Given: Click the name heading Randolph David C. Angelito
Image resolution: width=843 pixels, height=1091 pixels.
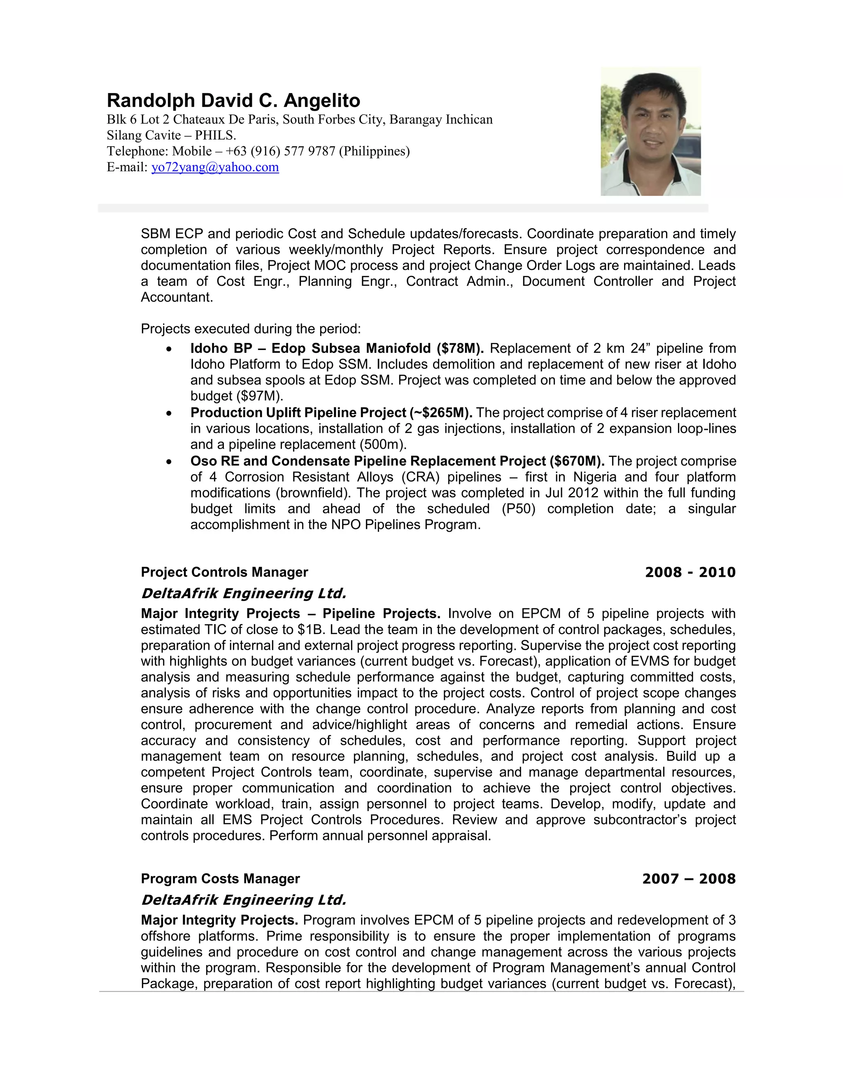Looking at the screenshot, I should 233,100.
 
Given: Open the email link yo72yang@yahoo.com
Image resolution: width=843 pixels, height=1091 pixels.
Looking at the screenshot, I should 215,167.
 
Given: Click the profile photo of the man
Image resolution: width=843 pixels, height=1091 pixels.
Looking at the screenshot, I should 650,131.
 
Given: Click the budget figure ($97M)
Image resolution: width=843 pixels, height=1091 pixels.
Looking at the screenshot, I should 237,396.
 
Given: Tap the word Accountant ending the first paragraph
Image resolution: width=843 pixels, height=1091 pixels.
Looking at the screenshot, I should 177,297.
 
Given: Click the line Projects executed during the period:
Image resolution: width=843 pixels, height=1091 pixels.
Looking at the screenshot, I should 250,329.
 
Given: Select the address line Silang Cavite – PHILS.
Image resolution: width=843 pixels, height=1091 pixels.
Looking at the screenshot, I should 171,135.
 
